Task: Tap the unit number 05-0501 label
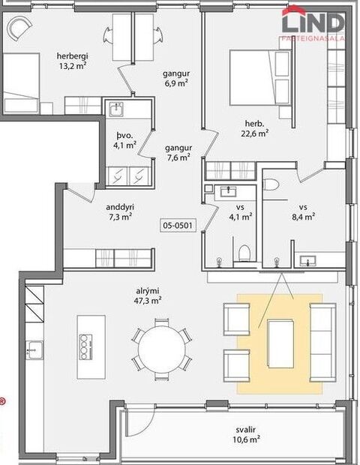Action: (178, 224)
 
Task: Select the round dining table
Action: (160, 346)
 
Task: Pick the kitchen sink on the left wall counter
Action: (33, 348)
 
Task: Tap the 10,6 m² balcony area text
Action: (245, 439)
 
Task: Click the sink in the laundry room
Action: (115, 110)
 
